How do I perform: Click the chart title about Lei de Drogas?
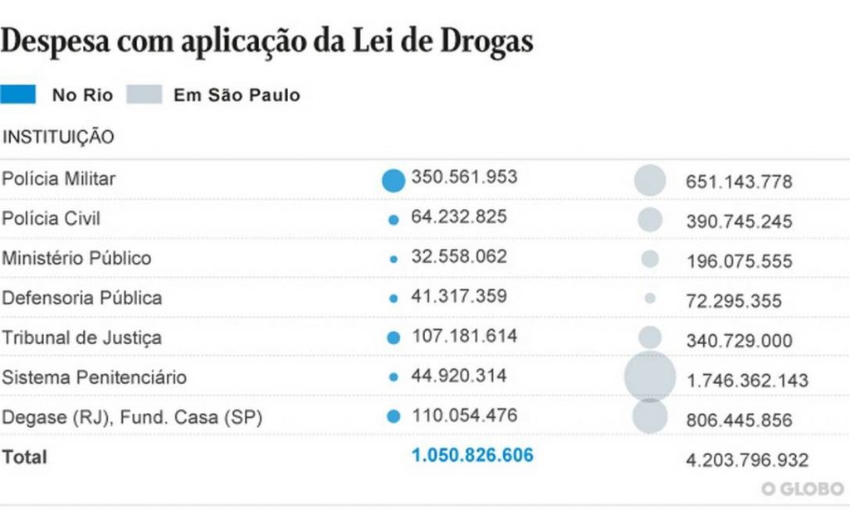point(266,41)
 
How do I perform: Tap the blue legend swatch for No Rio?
point(18,95)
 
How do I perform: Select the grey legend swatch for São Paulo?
point(144,95)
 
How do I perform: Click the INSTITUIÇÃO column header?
point(58,138)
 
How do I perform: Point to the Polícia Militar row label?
point(59,178)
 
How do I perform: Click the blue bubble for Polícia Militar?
point(393,180)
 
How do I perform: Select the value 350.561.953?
point(464,177)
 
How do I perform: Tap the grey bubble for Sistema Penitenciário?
point(650,376)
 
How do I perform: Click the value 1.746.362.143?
point(747,381)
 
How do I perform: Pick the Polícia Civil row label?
point(51,218)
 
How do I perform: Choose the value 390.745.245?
point(739,222)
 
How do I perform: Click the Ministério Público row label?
point(76,258)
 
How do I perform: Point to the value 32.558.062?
point(459,256)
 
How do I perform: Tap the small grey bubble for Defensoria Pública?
point(650,299)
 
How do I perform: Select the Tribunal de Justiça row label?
point(81,338)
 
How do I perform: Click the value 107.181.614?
point(464,336)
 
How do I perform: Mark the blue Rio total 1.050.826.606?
point(472,455)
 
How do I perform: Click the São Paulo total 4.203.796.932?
point(747,460)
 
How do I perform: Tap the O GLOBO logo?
point(803,488)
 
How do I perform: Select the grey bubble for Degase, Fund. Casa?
point(650,416)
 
